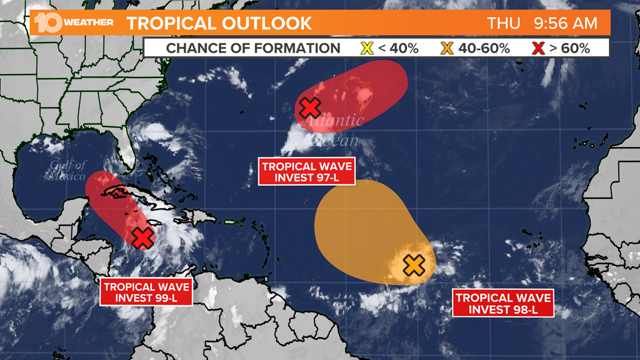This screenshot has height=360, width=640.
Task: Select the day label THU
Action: tap(504, 24)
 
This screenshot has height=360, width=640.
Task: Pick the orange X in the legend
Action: tap(447, 48)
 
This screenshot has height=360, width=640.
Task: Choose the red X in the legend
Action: tap(538, 48)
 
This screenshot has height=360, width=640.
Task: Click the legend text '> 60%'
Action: tap(569, 48)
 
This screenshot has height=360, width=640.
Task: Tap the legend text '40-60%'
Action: tap(484, 48)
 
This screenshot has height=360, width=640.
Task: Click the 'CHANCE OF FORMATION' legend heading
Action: tap(253, 48)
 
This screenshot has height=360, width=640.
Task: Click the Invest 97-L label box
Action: tap(307, 172)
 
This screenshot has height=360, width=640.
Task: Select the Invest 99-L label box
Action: tap(146, 292)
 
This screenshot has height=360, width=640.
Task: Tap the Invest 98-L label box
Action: tap(503, 304)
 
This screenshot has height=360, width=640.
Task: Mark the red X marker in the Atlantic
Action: tap(309, 107)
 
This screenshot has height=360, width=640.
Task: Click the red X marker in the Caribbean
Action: tap(143, 238)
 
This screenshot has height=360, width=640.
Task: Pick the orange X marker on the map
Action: tap(414, 265)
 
